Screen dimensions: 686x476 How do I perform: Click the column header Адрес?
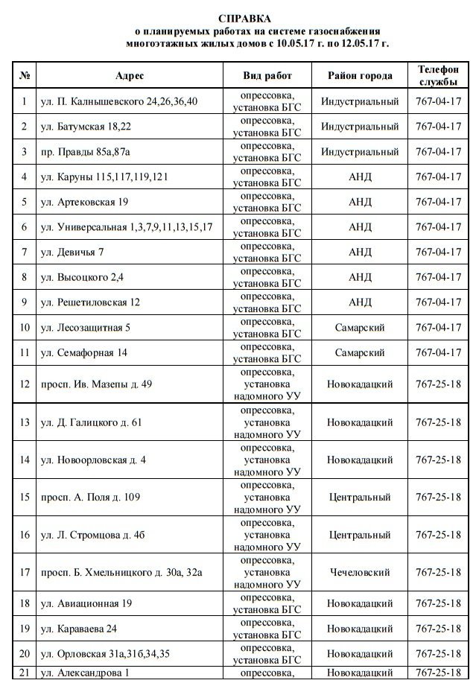click(130, 76)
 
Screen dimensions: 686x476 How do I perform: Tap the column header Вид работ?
click(267, 76)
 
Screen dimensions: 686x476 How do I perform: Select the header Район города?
click(360, 76)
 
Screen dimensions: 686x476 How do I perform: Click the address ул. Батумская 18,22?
click(86, 127)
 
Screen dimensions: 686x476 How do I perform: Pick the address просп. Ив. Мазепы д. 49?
click(97, 384)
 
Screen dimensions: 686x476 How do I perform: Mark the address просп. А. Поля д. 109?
click(91, 497)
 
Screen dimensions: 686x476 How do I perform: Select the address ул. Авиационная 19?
click(86, 603)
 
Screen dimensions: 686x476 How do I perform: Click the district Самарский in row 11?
click(360, 352)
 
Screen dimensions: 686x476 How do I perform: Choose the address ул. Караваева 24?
click(79, 629)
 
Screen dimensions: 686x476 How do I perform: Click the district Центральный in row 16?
click(360, 535)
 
